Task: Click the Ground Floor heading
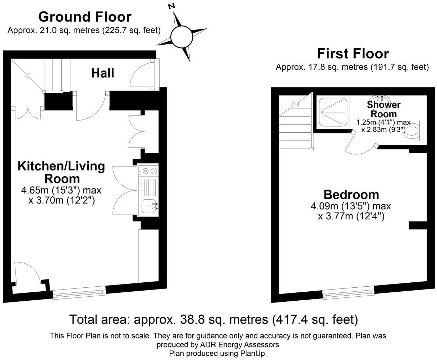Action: pyautogui.click(x=84, y=17)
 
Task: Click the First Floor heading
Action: pyautogui.click(x=353, y=53)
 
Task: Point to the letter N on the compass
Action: pyautogui.click(x=172, y=6)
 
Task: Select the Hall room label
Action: pyautogui.click(x=102, y=73)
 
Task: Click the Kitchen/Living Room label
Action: pyautogui.click(x=61, y=172)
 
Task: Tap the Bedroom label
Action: pyautogui.click(x=351, y=194)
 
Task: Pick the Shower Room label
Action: pyautogui.click(x=383, y=109)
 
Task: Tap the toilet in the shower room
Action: pyautogui.click(x=413, y=132)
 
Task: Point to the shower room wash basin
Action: pyautogui.click(x=379, y=98)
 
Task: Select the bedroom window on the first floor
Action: pyautogui.click(x=348, y=293)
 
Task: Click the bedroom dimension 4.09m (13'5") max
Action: pyautogui.click(x=351, y=206)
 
